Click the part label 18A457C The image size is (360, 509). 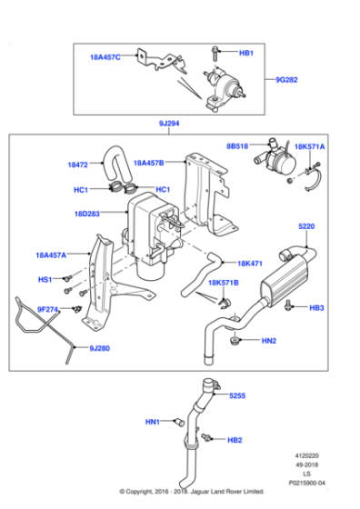coord(105,57)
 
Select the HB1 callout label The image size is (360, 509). coord(245,54)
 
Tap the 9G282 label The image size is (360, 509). coord(314,80)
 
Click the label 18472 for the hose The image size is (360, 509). coord(78,165)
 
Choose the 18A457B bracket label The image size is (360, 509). coord(150,163)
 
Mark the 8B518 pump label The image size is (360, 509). coord(238,145)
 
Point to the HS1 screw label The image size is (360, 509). coord(45,280)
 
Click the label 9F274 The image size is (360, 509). coord(48,309)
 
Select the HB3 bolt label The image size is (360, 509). coord(316,308)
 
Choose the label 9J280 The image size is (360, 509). coord(102,347)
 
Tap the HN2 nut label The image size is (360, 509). coord(268,341)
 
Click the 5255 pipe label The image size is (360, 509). coord(237,396)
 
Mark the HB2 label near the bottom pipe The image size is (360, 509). coord(235,440)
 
